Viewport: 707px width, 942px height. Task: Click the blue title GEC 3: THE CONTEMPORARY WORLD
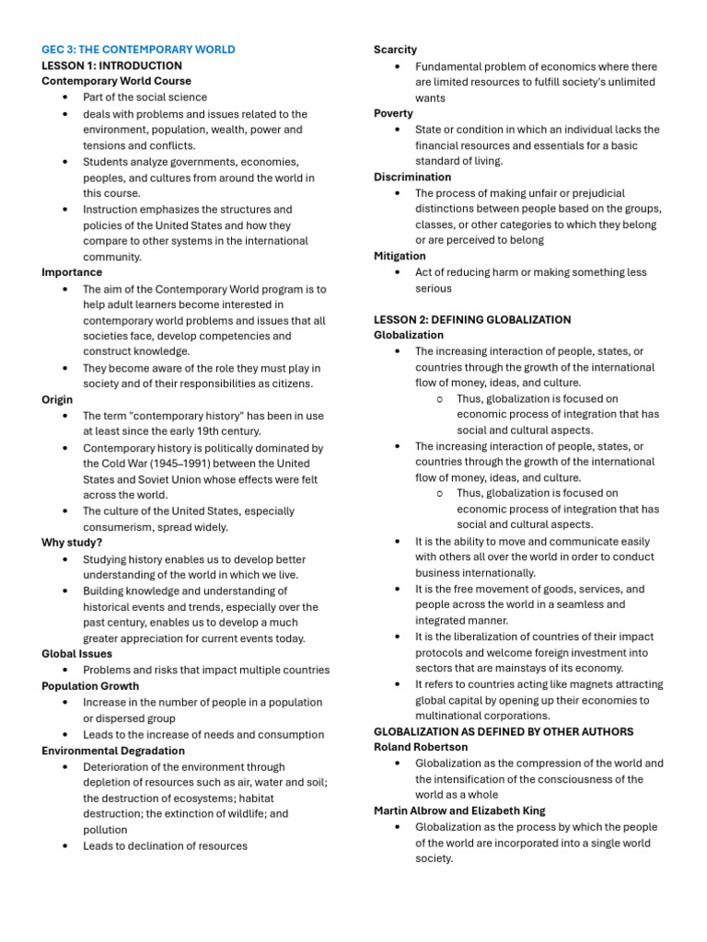pos(138,50)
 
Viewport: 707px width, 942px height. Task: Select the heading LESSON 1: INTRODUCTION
pos(111,65)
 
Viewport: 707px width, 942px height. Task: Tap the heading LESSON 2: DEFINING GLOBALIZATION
pos(472,319)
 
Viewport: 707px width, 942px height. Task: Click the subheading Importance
pos(72,272)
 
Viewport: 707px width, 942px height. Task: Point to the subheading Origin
pos(57,400)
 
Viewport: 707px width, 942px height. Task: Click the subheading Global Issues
pos(77,654)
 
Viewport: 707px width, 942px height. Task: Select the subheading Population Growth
pos(90,686)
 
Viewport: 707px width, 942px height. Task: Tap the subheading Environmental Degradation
pos(113,751)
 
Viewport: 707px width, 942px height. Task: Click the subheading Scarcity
pos(395,50)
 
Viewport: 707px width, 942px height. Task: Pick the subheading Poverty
pos(393,113)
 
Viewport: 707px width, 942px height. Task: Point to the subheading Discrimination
pos(412,177)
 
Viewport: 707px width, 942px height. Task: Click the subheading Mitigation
pos(400,256)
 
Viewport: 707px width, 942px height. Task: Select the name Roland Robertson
pos(421,747)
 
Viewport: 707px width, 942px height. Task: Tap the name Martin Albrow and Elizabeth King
pos(459,810)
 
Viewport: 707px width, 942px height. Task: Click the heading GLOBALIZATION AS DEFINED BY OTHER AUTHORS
pos(504,731)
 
